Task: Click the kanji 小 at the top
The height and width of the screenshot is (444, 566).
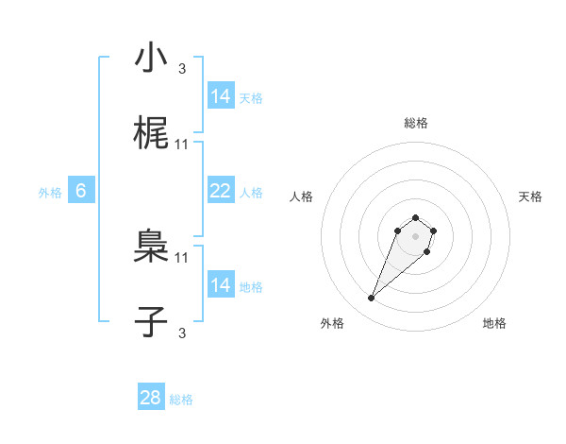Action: pos(151,59)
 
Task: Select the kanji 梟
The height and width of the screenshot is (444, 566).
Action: pos(151,247)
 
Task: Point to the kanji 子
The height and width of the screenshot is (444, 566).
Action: pos(151,322)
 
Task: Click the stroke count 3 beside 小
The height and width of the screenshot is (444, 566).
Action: pos(182,68)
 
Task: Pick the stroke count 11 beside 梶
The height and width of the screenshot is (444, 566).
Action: pos(182,145)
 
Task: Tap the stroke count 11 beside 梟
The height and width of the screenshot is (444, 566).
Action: pos(182,256)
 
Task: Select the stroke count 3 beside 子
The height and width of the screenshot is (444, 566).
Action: pos(182,333)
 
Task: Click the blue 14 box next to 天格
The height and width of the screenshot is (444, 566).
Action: pos(221,96)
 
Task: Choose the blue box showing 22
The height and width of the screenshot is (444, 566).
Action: pos(221,191)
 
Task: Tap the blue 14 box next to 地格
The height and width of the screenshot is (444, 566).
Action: pos(221,285)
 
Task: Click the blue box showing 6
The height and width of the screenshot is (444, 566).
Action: pos(81,191)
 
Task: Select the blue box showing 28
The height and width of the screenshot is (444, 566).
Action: pos(151,398)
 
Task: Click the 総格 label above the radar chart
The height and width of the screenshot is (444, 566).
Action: pos(416,123)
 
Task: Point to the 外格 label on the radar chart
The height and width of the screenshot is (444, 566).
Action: pos(332,323)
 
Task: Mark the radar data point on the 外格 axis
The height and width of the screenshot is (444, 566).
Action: pos(372,299)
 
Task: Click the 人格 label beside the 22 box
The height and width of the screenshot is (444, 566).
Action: pos(251,193)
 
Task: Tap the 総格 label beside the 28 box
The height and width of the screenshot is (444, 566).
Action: pos(181,400)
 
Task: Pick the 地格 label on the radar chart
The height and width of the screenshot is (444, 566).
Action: pos(494,323)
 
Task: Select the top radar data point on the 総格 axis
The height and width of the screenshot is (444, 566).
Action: pos(416,213)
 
